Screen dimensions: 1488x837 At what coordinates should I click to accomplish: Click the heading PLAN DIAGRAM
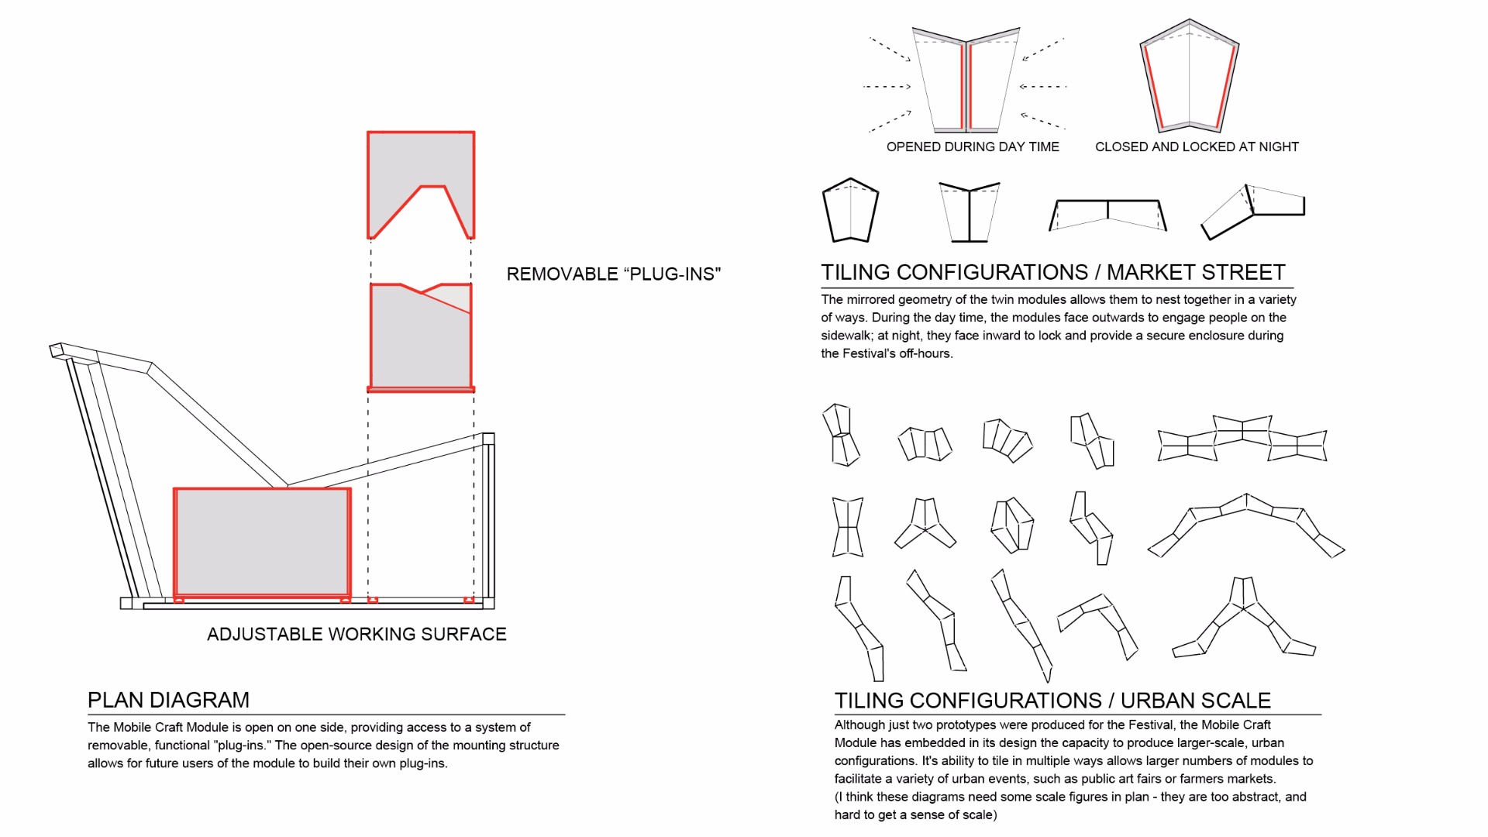pos(168,700)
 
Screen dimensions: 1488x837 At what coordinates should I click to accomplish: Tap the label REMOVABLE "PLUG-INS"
pos(614,274)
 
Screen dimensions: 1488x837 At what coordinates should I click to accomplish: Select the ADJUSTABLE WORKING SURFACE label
pos(356,634)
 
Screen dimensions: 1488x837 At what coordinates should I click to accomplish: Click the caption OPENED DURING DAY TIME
pos(973,146)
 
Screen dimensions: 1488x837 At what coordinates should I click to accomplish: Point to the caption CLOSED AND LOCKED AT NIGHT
pos(1197,146)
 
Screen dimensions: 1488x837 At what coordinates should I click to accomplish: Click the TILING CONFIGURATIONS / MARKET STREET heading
pos(1053,272)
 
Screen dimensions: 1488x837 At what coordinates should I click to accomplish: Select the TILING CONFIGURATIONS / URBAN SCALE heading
pos(1052,701)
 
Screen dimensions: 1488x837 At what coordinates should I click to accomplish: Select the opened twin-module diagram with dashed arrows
pos(966,80)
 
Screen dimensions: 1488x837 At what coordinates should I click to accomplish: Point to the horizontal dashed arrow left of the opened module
pos(887,87)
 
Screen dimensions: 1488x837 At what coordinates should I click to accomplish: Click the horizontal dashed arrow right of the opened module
pos(1043,87)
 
